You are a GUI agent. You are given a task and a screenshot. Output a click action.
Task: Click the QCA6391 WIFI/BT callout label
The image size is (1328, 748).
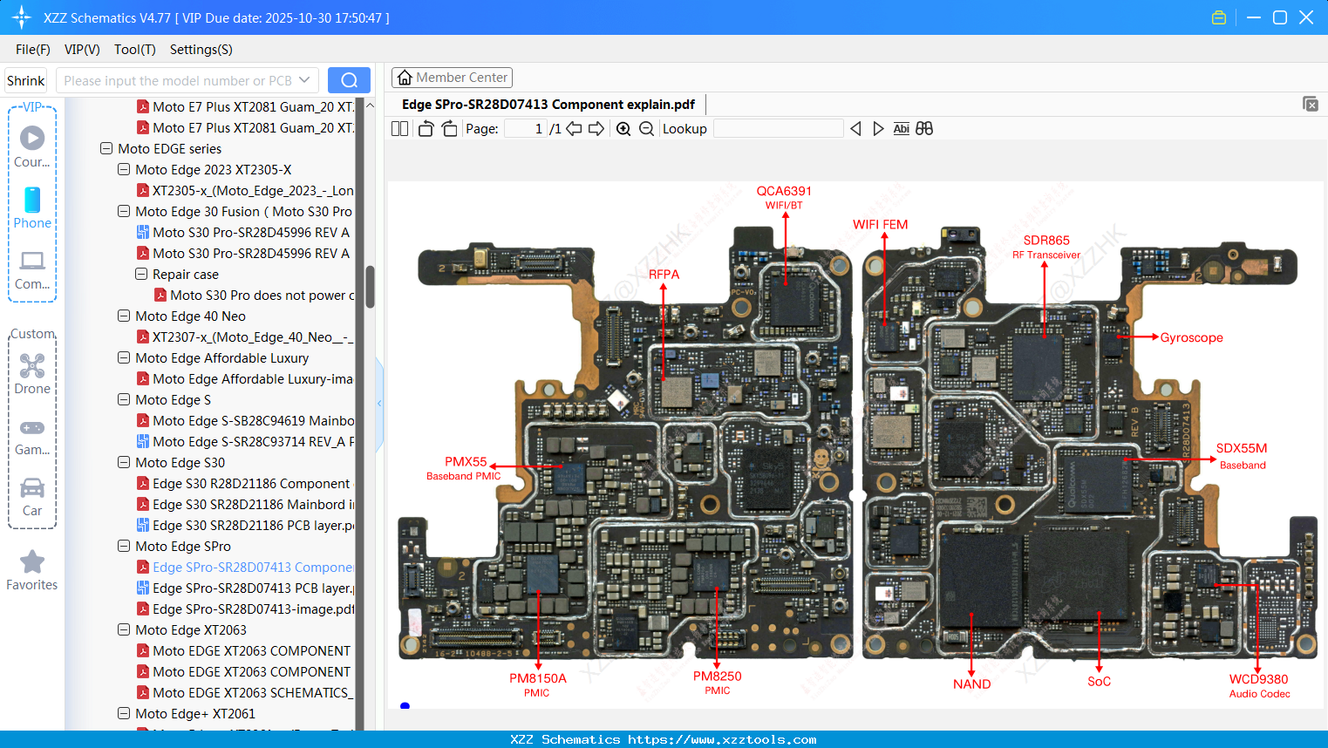[x=784, y=197]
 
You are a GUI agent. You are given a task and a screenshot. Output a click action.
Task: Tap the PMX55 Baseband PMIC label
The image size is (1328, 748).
[x=465, y=468]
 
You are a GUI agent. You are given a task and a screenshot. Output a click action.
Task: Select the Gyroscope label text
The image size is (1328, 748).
[x=1191, y=337]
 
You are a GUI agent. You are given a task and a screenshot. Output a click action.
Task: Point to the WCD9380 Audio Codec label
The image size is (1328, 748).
[x=1258, y=685]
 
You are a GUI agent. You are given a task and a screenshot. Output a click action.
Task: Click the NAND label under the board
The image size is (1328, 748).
[x=971, y=684]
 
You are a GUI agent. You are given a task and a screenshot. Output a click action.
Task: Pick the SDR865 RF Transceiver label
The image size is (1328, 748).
[x=1046, y=247]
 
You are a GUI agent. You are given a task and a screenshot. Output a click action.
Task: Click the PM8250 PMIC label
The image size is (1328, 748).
[x=717, y=682]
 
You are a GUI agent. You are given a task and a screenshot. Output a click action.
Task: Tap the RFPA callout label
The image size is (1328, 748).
[x=664, y=275]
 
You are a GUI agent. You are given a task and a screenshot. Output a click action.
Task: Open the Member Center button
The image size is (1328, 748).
[x=452, y=78]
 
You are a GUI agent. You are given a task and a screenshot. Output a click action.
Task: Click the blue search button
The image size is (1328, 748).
[x=349, y=80]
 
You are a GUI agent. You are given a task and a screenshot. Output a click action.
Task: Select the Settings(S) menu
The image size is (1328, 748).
[x=201, y=50]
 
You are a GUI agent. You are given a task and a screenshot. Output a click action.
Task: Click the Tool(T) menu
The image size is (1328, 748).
[x=134, y=50]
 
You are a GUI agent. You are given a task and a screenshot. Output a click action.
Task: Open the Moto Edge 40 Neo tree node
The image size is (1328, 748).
[x=190, y=316]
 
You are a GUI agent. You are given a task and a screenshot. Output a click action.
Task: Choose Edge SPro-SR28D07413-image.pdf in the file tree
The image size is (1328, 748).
[x=253, y=609]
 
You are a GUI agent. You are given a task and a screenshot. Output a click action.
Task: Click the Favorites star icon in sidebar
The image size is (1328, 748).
[x=32, y=562]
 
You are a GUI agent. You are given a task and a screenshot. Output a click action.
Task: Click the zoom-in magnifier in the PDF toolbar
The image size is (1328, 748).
[x=623, y=129]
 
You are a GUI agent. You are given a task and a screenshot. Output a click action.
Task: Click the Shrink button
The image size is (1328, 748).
[x=26, y=80]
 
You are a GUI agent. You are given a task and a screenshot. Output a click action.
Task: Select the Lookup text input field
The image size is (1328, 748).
[x=778, y=129]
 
